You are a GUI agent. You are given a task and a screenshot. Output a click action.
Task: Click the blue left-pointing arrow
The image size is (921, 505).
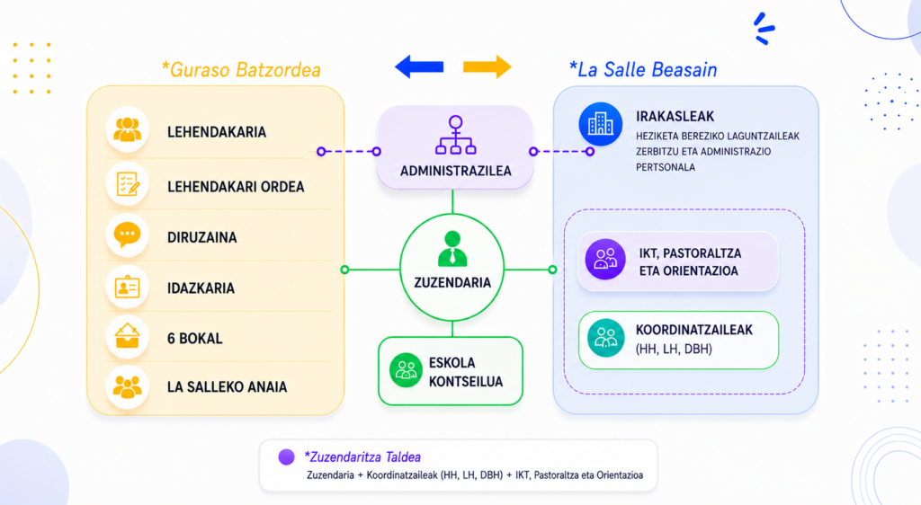coord(419,66)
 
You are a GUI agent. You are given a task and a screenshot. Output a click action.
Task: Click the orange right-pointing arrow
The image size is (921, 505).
coord(487,66)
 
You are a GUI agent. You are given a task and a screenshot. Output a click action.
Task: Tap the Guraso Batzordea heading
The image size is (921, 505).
coord(241,70)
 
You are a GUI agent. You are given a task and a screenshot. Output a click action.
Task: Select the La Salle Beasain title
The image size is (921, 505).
coord(643,70)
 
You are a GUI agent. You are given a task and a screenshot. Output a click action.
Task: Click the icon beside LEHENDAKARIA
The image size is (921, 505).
coord(128,129)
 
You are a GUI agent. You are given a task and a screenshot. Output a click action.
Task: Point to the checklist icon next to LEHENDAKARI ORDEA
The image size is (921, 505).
coord(128,184)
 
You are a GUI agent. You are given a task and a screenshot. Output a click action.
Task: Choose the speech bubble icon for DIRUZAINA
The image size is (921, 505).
coord(128,235)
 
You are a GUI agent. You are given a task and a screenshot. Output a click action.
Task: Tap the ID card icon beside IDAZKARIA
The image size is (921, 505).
coord(128,288)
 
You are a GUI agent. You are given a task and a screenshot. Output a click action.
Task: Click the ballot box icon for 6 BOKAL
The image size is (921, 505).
coord(128,337)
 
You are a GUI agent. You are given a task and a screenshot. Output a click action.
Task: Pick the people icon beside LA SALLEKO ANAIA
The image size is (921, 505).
coord(128,387)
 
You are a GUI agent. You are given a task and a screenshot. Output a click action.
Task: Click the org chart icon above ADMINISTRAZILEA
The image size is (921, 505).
coord(455,135)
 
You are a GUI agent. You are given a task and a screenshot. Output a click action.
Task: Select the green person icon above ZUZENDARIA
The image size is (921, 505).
coord(452,249)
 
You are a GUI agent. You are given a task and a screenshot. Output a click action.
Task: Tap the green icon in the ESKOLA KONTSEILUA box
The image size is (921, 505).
coord(406,371)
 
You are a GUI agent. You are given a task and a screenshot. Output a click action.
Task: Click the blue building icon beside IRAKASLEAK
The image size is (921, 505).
coord(600,124)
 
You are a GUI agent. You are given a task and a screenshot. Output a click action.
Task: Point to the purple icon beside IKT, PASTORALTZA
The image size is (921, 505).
coord(605,260)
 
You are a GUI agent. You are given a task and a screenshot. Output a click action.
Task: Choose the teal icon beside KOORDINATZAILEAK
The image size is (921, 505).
coord(605,339)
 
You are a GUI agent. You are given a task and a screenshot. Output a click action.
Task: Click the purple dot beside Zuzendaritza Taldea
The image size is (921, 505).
coord(287,456)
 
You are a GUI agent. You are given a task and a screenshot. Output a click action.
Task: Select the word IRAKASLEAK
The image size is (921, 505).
coord(675,117)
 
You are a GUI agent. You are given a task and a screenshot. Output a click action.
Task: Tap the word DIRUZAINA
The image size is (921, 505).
coord(202,237)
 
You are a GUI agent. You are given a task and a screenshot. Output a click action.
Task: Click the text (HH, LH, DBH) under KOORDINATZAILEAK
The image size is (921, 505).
coord(674,349)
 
